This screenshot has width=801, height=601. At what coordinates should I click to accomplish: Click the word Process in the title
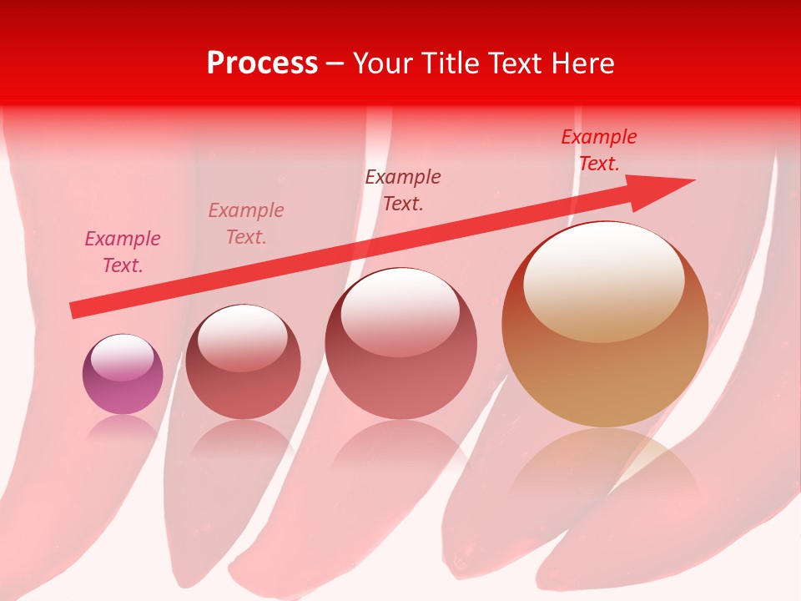coord(262,63)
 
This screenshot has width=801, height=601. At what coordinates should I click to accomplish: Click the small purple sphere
coord(123,375)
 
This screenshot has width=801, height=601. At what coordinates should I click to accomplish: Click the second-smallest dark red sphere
coord(243,361)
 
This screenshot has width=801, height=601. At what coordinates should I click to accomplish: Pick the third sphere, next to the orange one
coord(400,344)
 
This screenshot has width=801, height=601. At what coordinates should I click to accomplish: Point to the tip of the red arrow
coord(692,181)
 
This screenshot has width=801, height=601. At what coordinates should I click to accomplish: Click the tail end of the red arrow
coord(73,311)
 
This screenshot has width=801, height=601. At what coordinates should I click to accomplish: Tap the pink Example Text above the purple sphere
coord(123,252)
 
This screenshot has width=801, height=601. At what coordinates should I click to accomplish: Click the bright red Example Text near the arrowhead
coord(598,150)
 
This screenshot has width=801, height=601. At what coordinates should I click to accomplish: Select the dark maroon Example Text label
coord(403,189)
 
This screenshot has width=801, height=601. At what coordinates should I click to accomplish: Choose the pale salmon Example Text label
coord(246,223)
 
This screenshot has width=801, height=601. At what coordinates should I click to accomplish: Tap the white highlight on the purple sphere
coord(123,357)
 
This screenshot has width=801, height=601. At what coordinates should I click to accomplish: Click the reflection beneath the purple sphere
coord(123,427)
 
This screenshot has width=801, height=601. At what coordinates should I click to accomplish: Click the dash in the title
coord(335,63)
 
